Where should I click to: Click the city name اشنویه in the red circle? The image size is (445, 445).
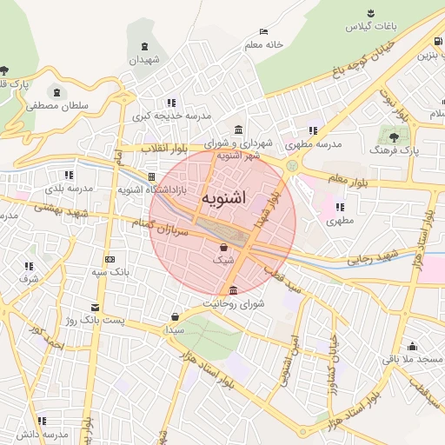(x=222, y=198)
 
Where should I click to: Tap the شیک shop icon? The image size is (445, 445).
(x=223, y=248)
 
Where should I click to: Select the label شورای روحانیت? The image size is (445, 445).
(x=233, y=303)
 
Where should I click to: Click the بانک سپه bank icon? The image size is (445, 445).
(x=110, y=259)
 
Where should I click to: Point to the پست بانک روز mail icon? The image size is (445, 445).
(x=95, y=308)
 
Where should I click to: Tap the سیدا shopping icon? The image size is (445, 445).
(x=176, y=316)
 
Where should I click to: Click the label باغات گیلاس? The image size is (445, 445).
(x=371, y=27)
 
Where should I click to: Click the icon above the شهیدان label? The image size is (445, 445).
(x=144, y=47)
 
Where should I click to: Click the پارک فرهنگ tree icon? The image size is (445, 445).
(x=395, y=136)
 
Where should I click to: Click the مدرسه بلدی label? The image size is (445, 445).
(x=68, y=188)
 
